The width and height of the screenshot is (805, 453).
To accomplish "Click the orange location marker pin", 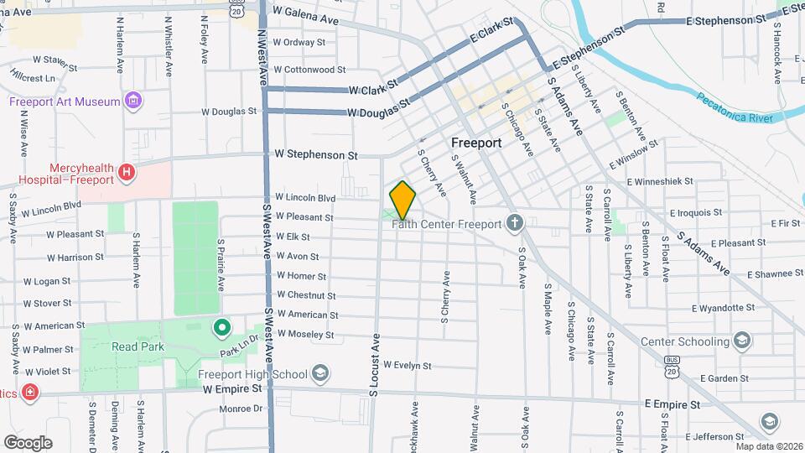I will click(x=403, y=200).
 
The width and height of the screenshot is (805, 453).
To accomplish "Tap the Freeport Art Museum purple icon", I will click(x=132, y=102).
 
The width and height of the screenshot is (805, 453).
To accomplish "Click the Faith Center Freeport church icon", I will click(x=516, y=224).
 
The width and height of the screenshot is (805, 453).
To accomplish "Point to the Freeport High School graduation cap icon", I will click(x=319, y=373).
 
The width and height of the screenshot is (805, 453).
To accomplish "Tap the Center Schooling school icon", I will click(x=741, y=341).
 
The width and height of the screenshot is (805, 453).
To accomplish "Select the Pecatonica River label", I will click(x=734, y=109).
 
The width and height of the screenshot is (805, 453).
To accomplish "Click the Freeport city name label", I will click(x=476, y=143).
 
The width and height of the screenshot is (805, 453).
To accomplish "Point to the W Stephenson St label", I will click(x=316, y=155).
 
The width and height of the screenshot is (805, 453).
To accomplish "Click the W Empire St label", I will click(x=232, y=389).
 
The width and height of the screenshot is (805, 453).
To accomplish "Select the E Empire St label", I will click(x=672, y=404).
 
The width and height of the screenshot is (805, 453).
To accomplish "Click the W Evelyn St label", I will click(x=407, y=366).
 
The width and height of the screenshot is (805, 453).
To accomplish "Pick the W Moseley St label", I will click(x=305, y=334).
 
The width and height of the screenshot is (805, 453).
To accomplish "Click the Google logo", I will click(x=28, y=442).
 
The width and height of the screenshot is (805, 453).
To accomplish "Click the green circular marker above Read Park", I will click(x=221, y=326).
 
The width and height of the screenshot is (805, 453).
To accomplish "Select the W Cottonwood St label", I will click(x=309, y=70).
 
